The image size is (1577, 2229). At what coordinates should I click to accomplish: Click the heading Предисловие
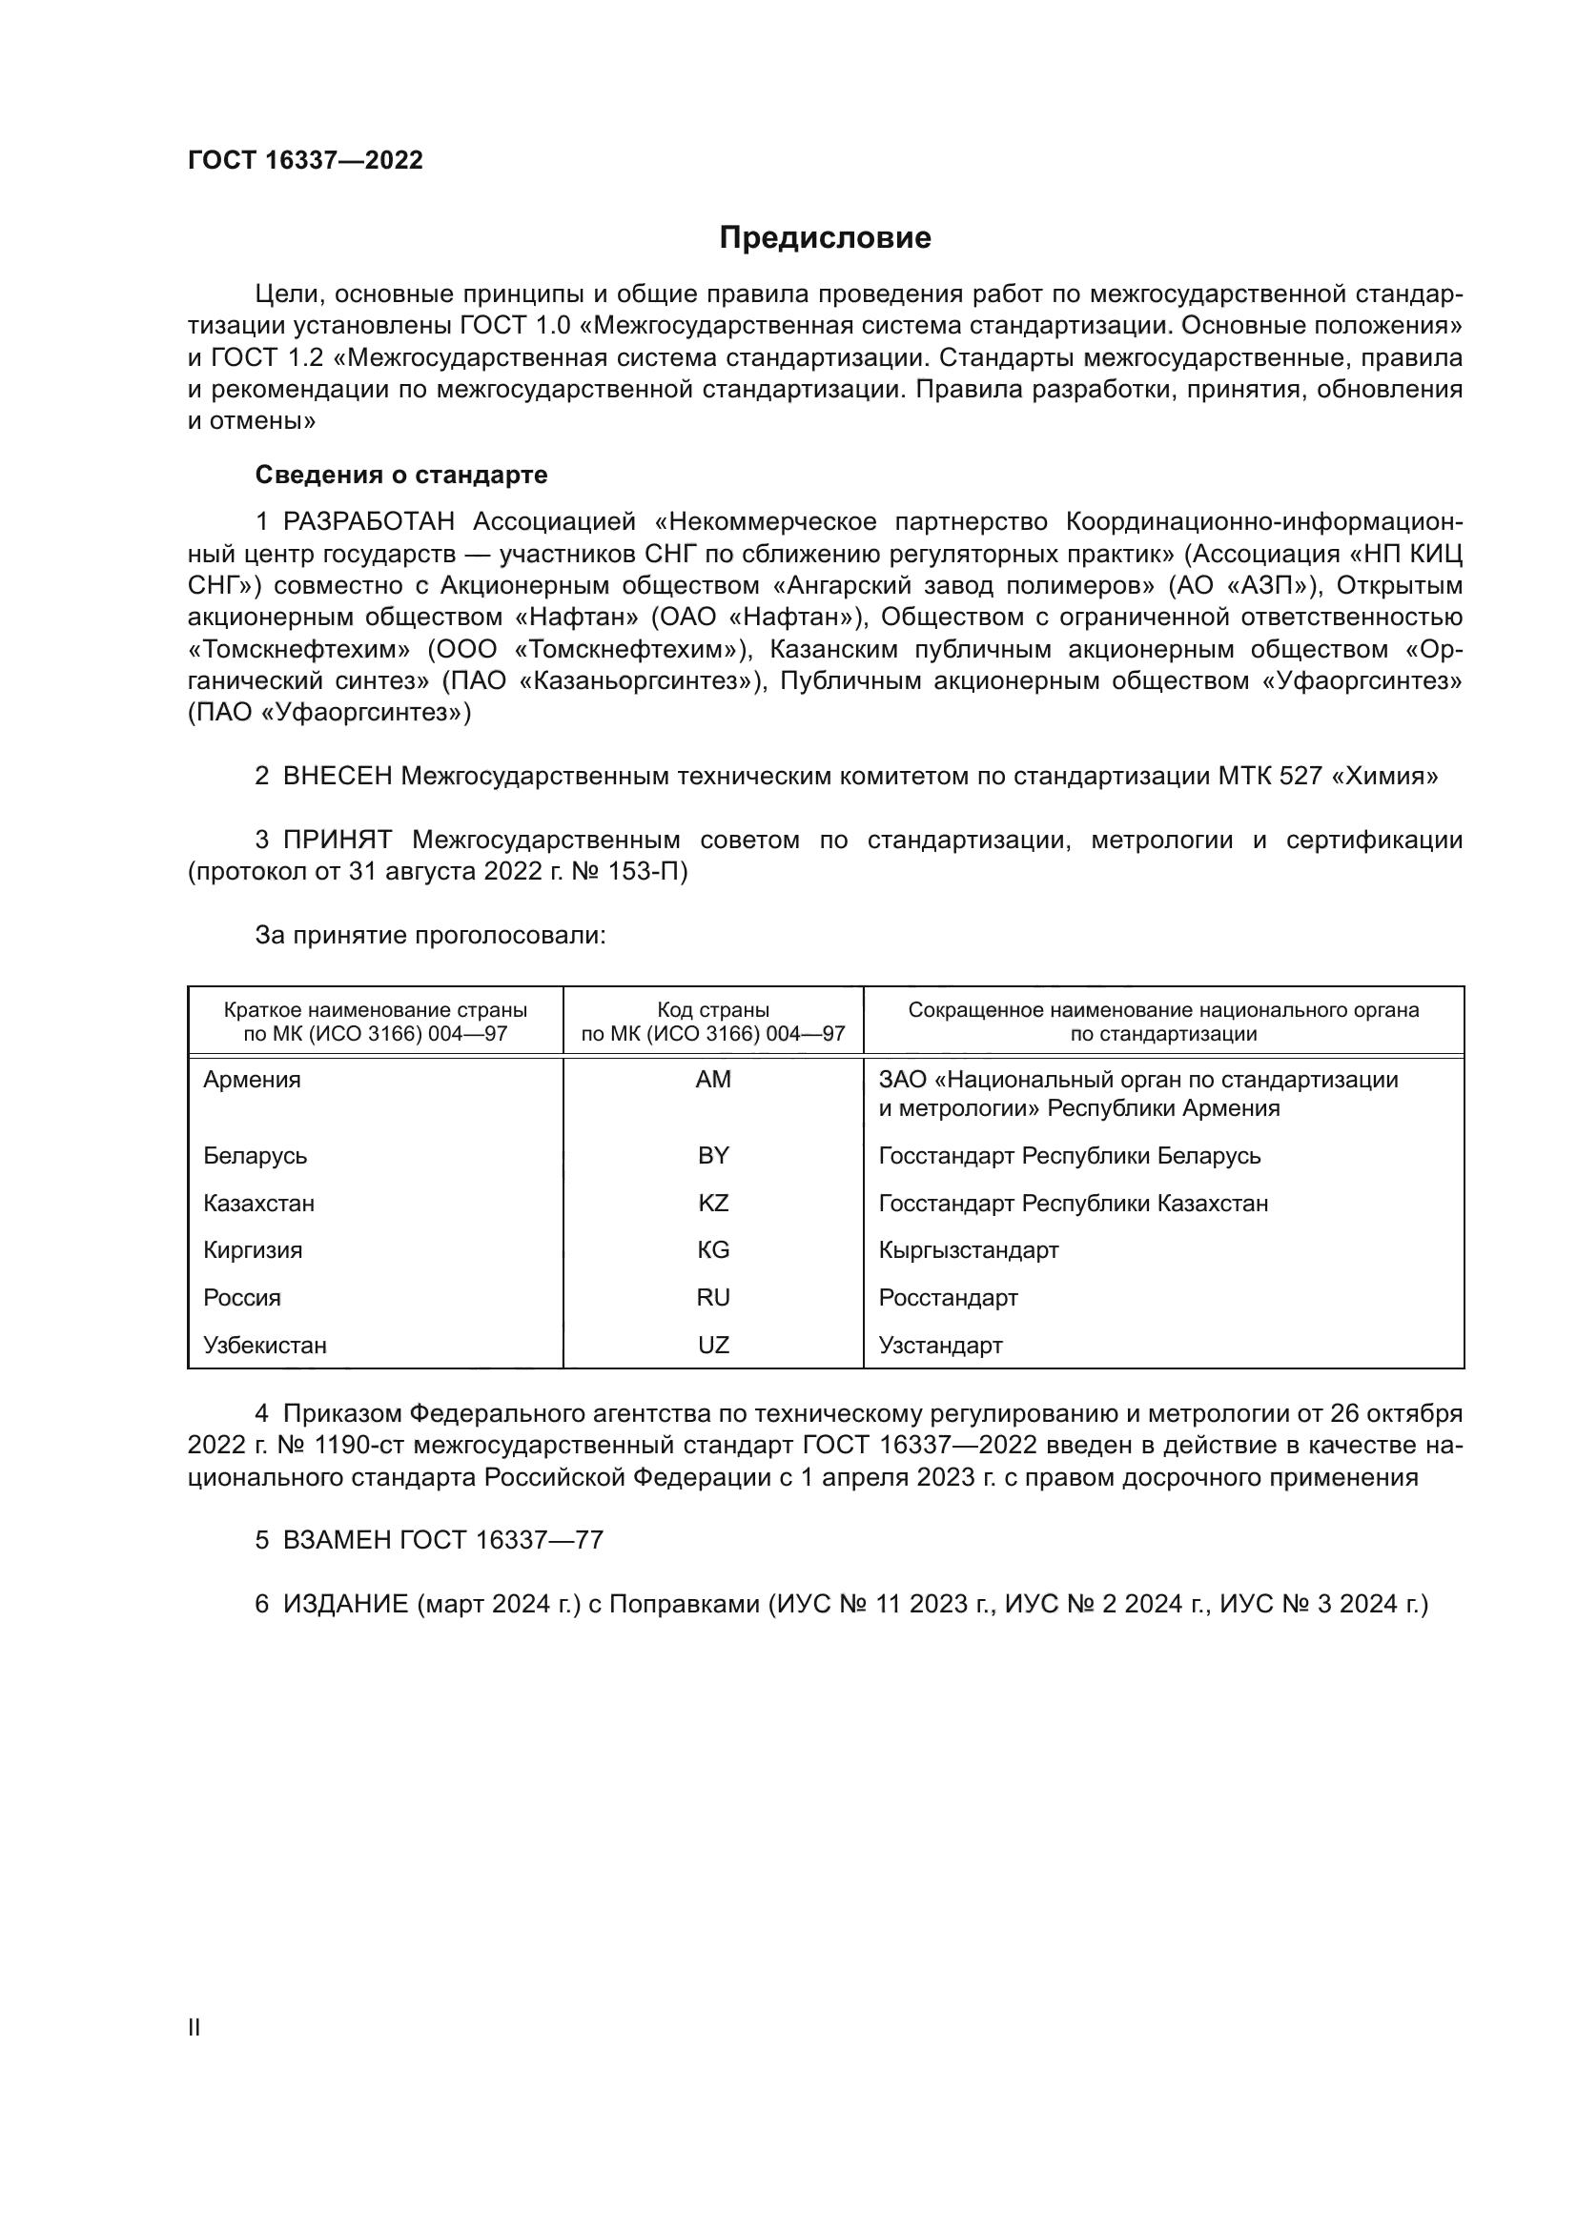pos(825,238)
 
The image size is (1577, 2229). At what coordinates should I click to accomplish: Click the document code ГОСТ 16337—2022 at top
pos(305,160)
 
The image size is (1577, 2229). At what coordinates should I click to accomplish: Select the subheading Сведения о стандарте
pos(401,475)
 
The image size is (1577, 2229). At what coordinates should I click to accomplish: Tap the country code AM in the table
pos(713,1080)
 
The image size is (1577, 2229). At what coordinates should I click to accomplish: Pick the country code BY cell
pos(713,1155)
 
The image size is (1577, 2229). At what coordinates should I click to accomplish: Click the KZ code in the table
pos(713,1203)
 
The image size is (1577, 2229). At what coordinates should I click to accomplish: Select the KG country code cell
pos(713,1250)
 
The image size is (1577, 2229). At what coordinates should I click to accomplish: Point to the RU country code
pos(713,1298)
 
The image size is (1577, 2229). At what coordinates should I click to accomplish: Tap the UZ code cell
pos(713,1346)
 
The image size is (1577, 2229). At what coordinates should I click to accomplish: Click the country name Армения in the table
pos(252,1080)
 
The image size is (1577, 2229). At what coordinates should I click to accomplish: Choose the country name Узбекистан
pos(264,1346)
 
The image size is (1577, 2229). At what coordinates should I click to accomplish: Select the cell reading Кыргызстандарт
pos(968,1250)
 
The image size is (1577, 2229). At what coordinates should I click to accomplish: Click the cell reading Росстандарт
pos(948,1298)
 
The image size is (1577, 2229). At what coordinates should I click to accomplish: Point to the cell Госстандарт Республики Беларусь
pos(1069,1155)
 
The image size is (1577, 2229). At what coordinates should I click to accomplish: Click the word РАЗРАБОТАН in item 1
pos(368,522)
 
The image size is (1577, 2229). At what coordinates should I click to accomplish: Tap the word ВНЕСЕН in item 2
pos(337,776)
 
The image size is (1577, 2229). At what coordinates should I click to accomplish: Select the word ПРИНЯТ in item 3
pos(337,840)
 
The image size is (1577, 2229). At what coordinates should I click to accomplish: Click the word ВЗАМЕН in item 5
pos(337,1540)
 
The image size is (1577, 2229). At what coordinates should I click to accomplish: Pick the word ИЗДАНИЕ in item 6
pos(345,1604)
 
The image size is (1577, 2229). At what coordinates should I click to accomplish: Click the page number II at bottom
pos(195,2028)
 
